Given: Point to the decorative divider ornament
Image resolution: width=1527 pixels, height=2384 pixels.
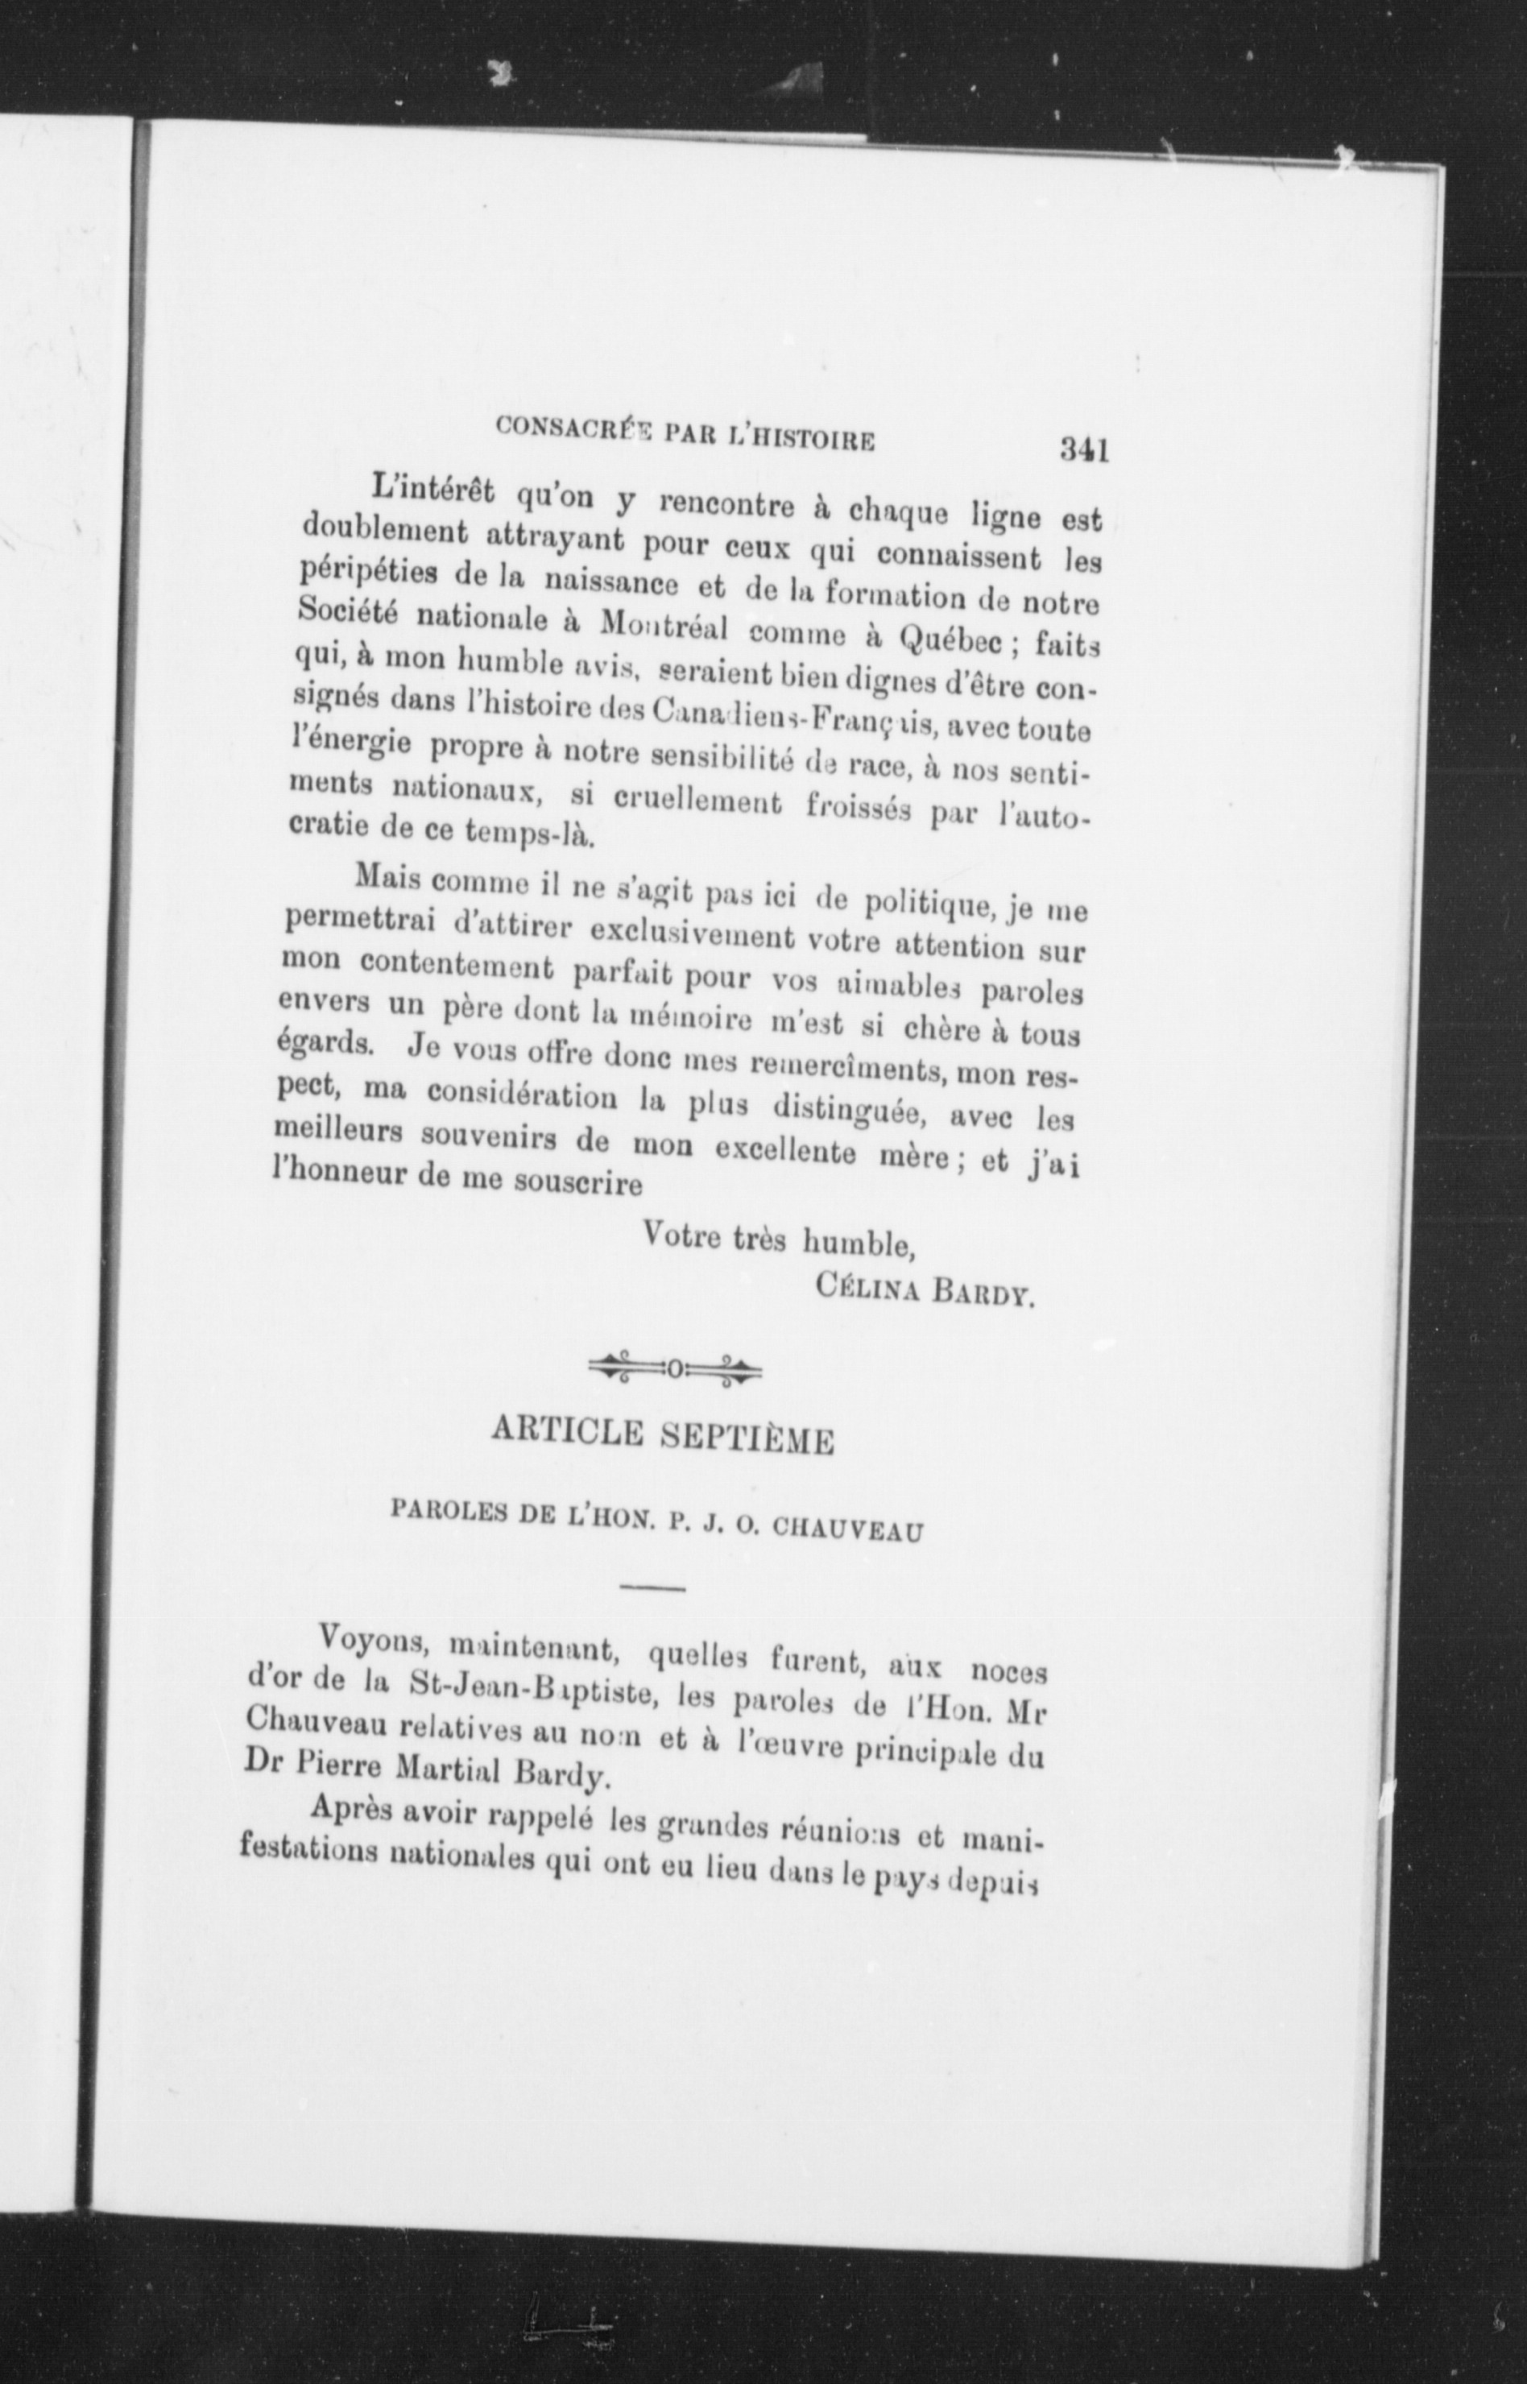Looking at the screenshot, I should pyautogui.click(x=675, y=1370).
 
